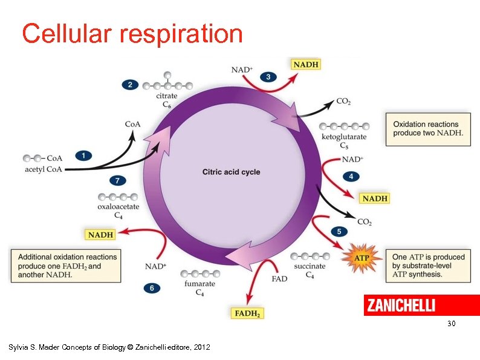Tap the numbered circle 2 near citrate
coord(129,85)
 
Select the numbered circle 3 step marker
coord(268,77)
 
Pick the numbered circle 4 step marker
coord(351,176)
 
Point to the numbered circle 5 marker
coord(339,231)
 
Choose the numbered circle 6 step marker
coord(152,288)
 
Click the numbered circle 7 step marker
coord(118,180)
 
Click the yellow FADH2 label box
coord(248,313)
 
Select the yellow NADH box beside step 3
coord(305,64)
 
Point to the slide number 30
coord(451,324)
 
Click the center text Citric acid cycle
coord(231,172)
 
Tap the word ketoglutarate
coord(344,137)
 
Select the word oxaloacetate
coord(118,206)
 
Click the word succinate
coord(310,266)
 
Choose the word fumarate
coord(199,284)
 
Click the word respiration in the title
coord(181,34)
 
